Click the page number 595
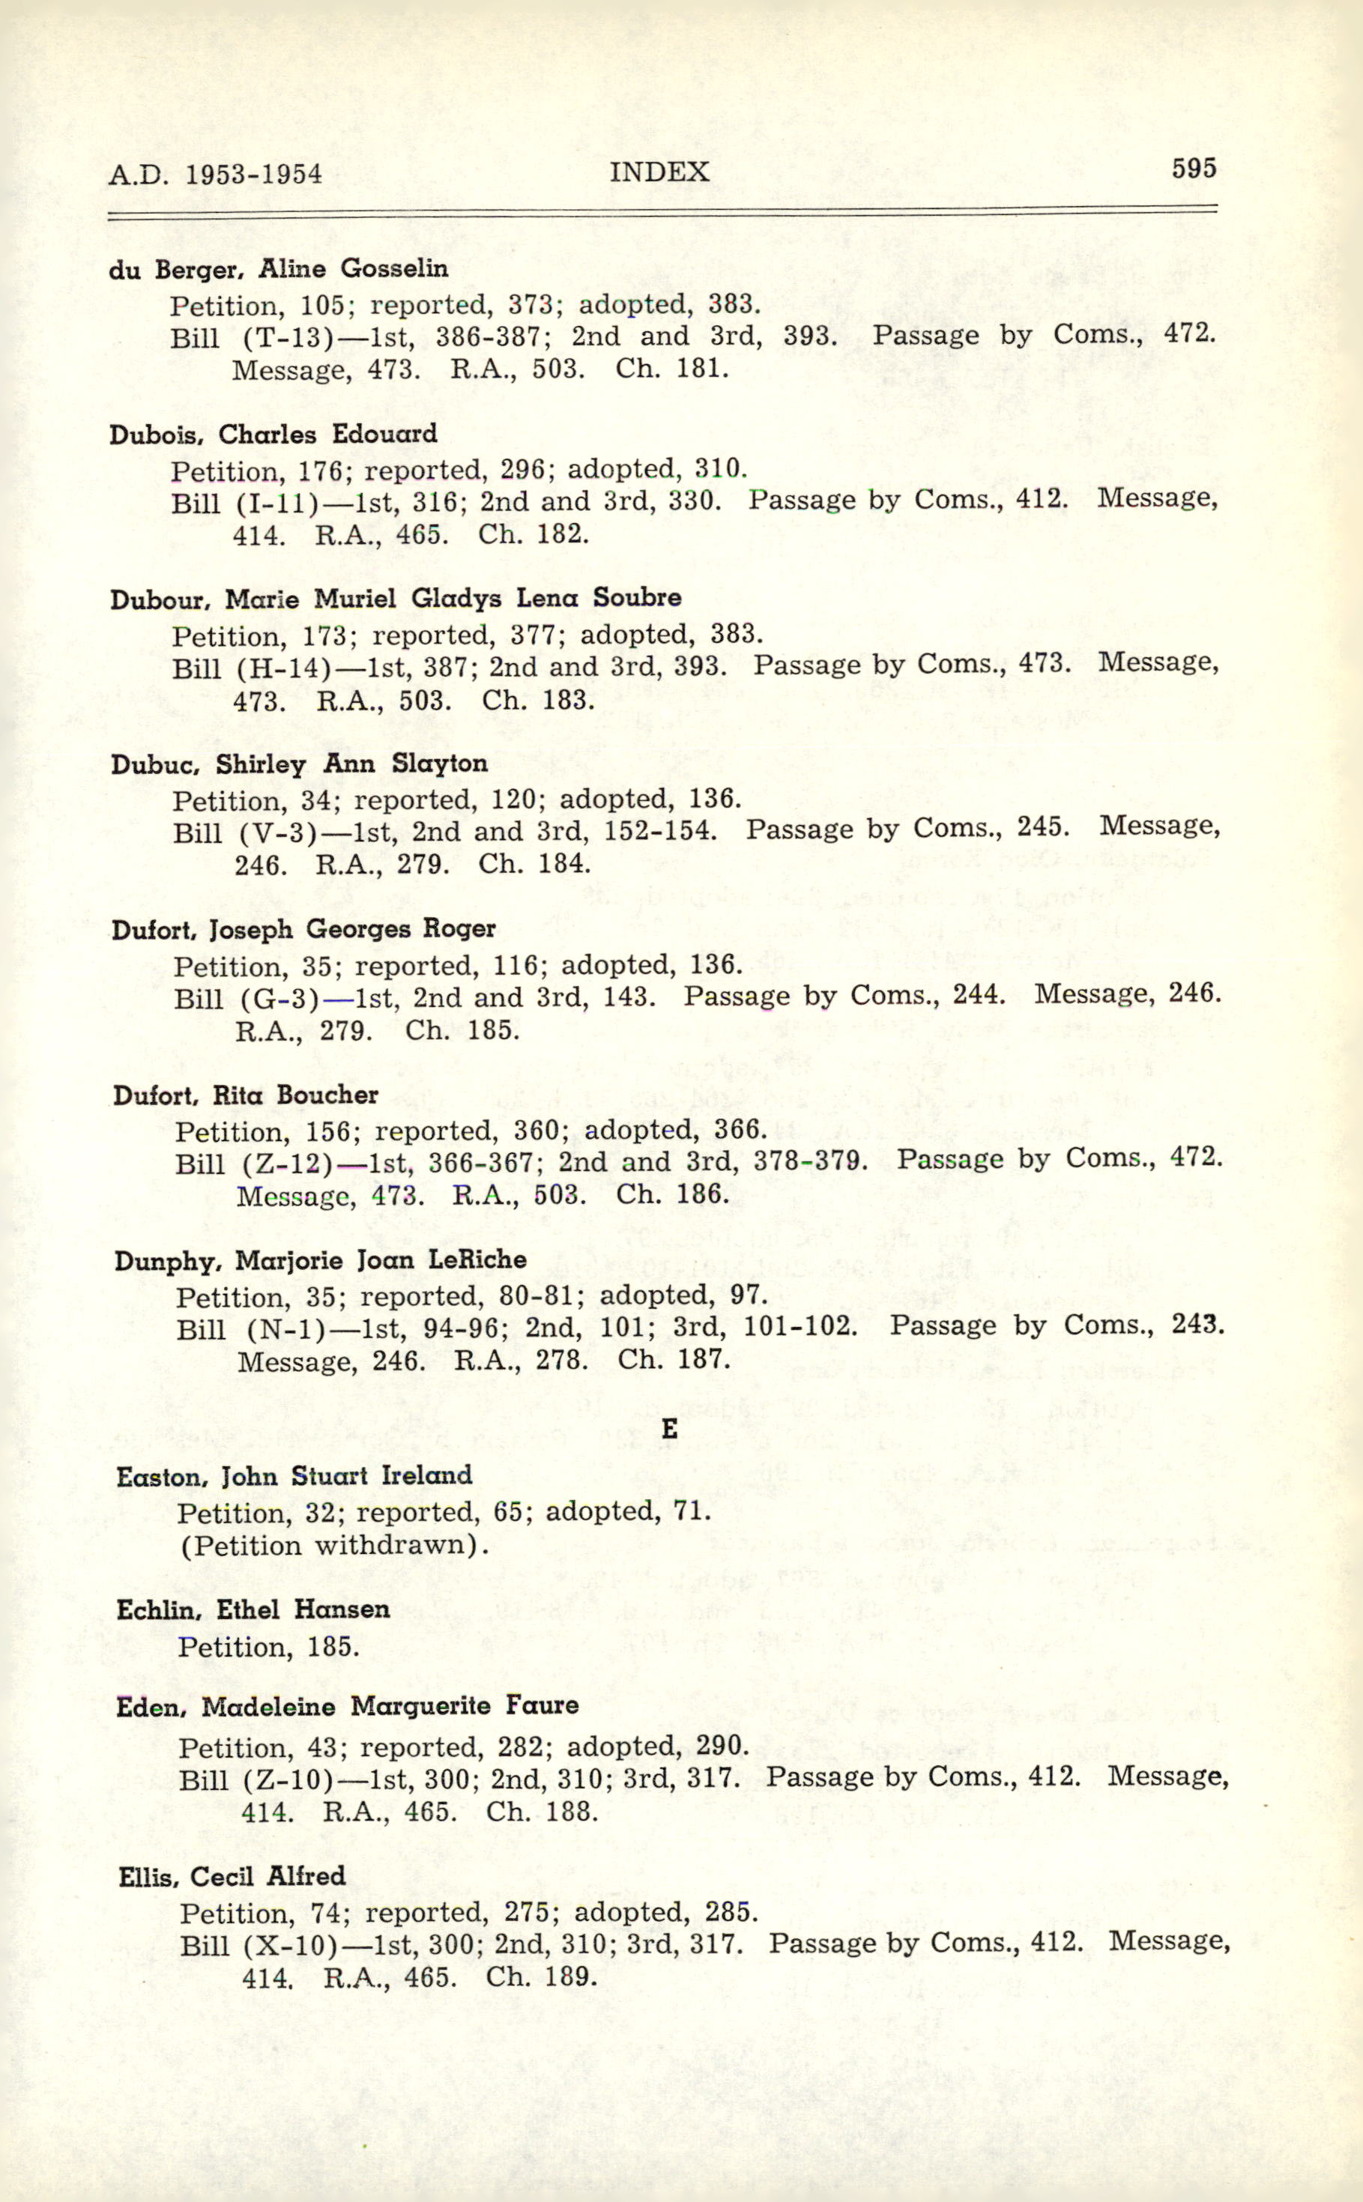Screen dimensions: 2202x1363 1194,169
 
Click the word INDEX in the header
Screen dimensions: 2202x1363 659,172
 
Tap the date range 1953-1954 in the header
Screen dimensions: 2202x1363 253,174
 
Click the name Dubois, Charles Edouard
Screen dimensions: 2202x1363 273,435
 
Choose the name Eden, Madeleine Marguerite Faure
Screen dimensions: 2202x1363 347,1705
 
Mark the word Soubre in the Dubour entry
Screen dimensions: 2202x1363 636,598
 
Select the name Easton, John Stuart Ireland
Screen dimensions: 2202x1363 294,1475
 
